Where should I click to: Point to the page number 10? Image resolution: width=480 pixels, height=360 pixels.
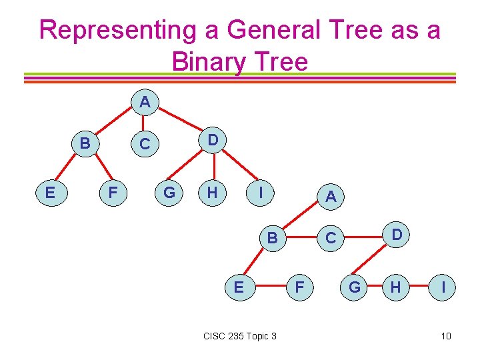pos(446,335)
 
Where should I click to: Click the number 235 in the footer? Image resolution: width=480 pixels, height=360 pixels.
pos(237,335)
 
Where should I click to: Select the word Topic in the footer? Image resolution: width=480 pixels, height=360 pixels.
pos(259,335)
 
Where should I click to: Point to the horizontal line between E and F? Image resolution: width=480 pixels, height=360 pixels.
pos(268,288)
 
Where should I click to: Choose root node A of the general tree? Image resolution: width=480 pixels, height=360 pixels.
pos(145,102)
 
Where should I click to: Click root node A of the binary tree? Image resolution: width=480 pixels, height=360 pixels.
pos(331,196)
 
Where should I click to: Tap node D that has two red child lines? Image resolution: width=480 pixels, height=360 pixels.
pos(212,139)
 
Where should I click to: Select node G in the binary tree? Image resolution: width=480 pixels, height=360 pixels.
pos(355,287)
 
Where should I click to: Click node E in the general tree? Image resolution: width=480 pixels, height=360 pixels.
pos(50,193)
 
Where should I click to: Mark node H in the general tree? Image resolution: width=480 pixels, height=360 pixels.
pos(212,193)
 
